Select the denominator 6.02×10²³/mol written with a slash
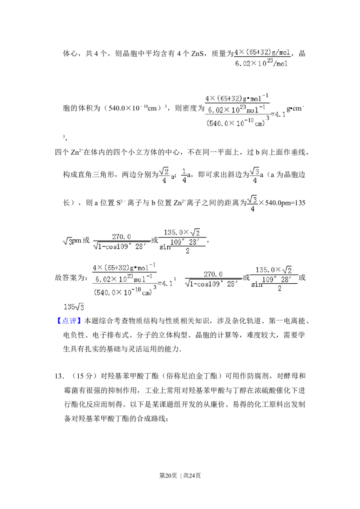coord(261,63)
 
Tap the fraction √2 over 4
coord(164,176)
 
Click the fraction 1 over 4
coord(184,176)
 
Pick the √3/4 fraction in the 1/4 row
coord(255,176)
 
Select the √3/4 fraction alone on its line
coord(252,205)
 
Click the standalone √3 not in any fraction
coord(67,241)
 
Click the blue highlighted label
coord(70,321)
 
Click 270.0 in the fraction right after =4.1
coord(213,274)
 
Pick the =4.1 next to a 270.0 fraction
coord(166,284)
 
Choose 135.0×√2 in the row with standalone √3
coord(182,232)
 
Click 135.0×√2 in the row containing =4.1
coord(274,270)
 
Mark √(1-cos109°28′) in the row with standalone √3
coord(121,246)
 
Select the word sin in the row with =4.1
coord(256,284)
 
